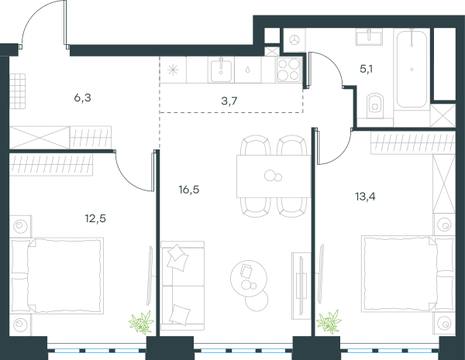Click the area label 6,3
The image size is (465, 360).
click(x=82, y=98)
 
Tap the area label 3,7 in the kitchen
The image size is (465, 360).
click(x=229, y=101)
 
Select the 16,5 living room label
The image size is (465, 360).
click(x=189, y=190)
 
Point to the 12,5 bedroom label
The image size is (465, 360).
click(x=95, y=218)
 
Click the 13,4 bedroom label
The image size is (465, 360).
click(x=365, y=196)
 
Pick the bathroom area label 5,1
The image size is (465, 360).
click(x=367, y=70)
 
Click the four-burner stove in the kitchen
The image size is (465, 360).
click(x=289, y=70)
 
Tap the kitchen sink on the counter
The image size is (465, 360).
click(x=221, y=70)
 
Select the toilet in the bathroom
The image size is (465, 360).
click(x=375, y=103)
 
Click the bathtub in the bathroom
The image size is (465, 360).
click(x=412, y=69)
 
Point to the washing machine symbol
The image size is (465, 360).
click(x=294, y=40)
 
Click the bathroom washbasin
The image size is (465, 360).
click(x=369, y=37)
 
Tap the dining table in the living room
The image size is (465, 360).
click(x=274, y=177)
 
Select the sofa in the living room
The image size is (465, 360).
click(x=182, y=286)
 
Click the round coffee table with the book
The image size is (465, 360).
click(x=249, y=278)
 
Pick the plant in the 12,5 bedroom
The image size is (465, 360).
click(x=142, y=322)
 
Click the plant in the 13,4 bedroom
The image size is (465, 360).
click(x=329, y=322)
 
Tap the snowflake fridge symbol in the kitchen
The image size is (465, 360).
click(x=173, y=70)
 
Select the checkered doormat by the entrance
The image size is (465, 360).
click(x=18, y=91)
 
